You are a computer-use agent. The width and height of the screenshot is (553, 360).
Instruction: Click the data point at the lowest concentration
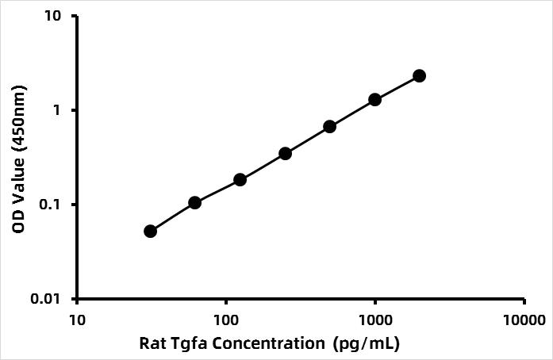pyautogui.click(x=150, y=231)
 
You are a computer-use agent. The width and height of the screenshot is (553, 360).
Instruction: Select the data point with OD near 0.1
pyautogui.click(x=194, y=202)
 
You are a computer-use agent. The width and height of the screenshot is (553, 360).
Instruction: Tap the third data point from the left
pyautogui.click(x=240, y=179)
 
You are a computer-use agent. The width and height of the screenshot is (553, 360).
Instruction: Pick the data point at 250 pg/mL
pyautogui.click(x=285, y=153)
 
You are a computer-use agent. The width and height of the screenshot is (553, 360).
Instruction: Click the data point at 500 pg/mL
pyautogui.click(x=330, y=126)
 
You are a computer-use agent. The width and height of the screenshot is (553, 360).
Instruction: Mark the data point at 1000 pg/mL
pyautogui.click(x=374, y=99)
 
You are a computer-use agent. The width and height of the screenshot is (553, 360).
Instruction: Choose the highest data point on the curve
pyautogui.click(x=419, y=75)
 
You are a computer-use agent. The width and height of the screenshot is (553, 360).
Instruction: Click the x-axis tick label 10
pyautogui.click(x=77, y=321)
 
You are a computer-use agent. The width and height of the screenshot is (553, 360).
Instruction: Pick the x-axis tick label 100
pyautogui.click(x=226, y=321)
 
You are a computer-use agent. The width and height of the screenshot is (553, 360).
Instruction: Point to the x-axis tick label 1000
pyautogui.click(x=374, y=321)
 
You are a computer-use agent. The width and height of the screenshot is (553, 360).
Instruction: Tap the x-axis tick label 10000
pyautogui.click(x=523, y=321)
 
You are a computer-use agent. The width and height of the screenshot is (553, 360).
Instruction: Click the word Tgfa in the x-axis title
pyautogui.click(x=189, y=344)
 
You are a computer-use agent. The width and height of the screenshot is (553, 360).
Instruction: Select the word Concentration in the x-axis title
pyautogui.click(x=264, y=344)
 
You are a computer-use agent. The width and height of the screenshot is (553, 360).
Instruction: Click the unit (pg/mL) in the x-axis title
pyautogui.click(x=368, y=344)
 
